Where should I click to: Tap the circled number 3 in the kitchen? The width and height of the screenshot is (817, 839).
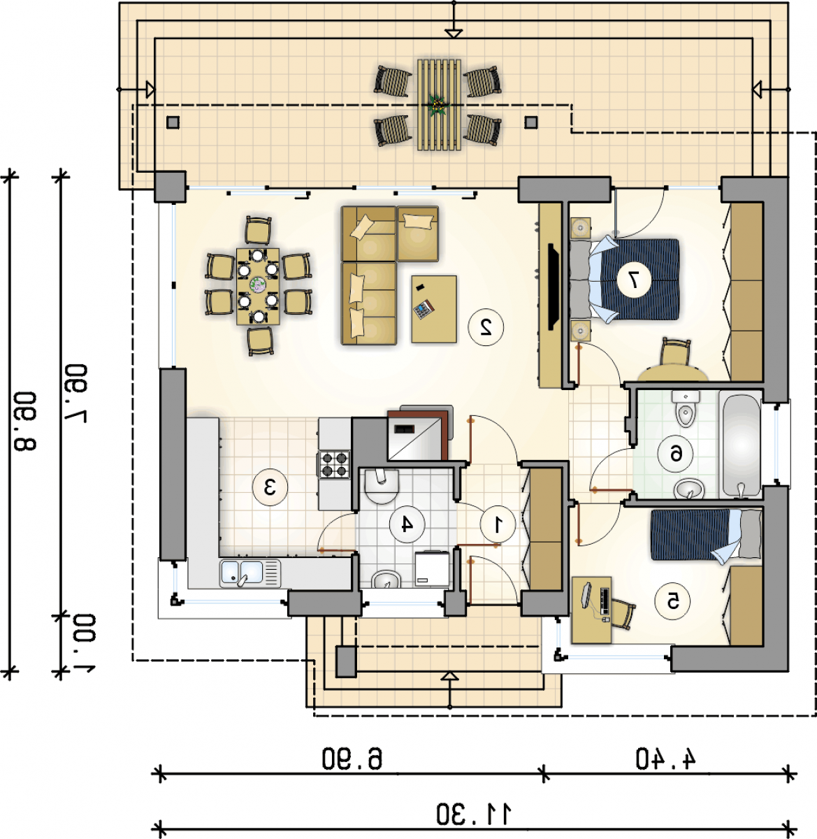pos(270,487)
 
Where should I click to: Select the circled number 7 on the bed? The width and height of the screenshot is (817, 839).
pos(634,280)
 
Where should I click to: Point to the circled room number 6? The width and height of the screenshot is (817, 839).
pos(675,454)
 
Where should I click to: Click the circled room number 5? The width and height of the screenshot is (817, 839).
pos(672,601)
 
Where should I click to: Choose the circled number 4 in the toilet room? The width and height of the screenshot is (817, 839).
pos(407,524)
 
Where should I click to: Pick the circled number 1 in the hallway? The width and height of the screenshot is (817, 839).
pos(498,524)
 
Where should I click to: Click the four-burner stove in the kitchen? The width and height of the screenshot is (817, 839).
pos(333,464)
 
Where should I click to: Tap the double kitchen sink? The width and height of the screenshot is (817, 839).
pos(250,573)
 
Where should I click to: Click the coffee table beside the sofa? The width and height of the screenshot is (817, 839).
pos(433,309)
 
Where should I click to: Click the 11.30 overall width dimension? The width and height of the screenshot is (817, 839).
pos(475,814)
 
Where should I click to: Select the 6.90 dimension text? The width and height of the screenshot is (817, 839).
pos(352,759)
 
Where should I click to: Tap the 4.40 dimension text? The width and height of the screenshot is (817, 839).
pos(666,759)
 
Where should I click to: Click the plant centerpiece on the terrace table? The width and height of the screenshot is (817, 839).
pos(439,105)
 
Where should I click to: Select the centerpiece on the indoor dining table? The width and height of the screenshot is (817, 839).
pos(258,285)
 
